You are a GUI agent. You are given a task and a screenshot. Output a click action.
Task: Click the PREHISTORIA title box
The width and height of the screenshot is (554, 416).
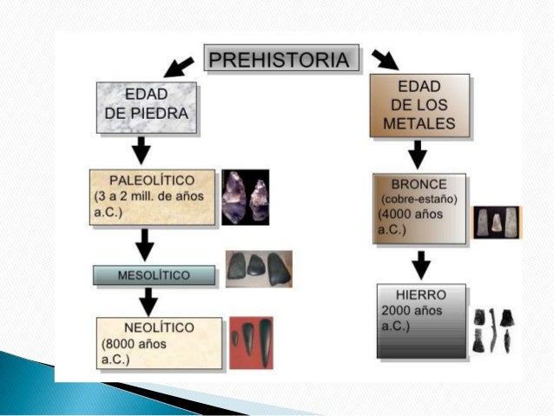(280, 60)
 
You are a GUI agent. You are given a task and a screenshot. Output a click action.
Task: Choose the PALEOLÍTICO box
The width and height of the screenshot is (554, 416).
(153, 198)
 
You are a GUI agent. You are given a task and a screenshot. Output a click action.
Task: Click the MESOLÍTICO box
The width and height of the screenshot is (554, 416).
(154, 274)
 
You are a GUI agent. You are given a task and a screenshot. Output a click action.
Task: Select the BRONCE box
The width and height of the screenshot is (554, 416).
(418, 208)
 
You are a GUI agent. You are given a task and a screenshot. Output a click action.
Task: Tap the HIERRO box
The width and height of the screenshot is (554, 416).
(420, 320)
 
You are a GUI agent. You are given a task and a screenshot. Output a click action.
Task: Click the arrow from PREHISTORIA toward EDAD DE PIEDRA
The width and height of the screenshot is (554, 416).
(180, 65)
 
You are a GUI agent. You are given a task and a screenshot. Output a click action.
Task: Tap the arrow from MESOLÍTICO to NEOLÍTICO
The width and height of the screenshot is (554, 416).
(148, 301)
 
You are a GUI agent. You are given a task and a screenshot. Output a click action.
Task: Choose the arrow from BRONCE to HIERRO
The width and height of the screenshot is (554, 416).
(421, 263)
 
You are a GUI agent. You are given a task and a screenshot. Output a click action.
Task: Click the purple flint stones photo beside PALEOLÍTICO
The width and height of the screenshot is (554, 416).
(245, 197)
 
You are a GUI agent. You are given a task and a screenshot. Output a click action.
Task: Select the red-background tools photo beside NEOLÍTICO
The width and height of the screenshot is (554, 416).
(251, 342)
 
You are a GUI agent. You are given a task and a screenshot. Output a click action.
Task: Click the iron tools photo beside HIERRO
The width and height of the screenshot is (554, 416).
(491, 329)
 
